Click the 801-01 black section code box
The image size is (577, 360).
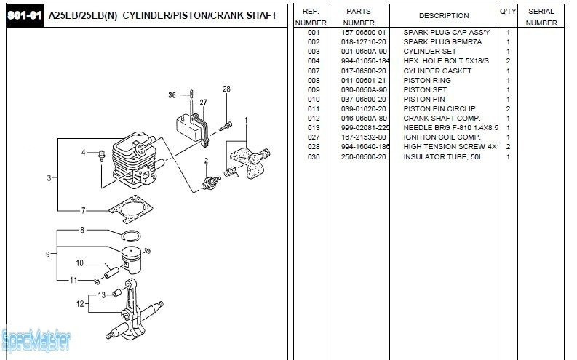coord(24,15)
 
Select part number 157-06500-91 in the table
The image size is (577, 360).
coord(364,33)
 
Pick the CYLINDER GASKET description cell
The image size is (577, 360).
coord(437,71)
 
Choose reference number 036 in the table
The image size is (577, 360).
coord(314,156)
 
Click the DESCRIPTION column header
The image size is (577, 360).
coord(444,15)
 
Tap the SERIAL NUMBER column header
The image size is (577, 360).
coord(541,17)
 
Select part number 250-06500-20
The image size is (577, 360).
coord(364,156)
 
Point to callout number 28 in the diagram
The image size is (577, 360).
coord(226,89)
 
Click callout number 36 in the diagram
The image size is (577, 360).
coord(172,95)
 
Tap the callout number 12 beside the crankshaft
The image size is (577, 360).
coord(80,303)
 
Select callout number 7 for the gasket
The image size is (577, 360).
coord(84,210)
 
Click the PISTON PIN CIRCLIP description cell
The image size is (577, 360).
coord(439,108)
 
